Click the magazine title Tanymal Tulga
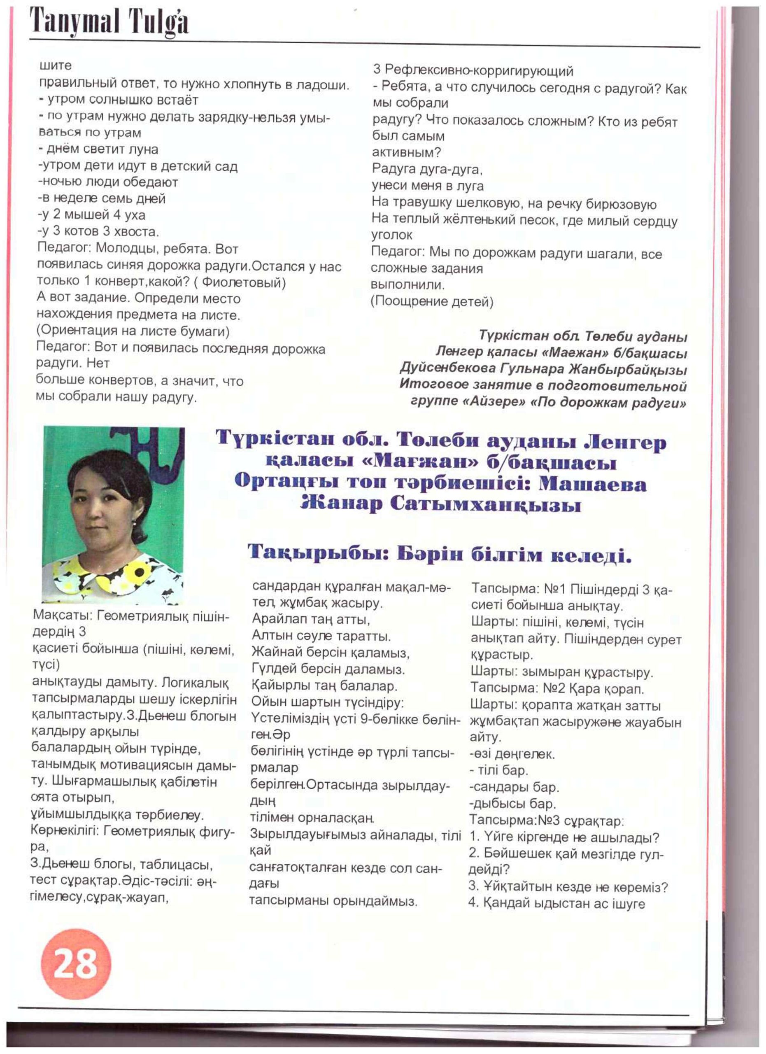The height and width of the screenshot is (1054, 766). pyautogui.click(x=109, y=22)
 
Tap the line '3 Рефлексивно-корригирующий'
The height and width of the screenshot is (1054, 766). pyautogui.click(x=473, y=71)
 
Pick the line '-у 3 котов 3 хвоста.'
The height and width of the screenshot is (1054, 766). pyautogui.click(x=98, y=231)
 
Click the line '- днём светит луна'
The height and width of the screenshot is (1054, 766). pyautogui.click(x=98, y=149)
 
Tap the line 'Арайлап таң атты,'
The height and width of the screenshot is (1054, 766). pyautogui.click(x=310, y=620)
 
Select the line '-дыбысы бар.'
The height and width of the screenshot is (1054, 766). pyautogui.click(x=512, y=804)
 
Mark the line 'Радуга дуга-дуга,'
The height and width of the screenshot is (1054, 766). pyautogui.click(x=427, y=169)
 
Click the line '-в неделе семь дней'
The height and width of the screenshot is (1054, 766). pyautogui.click(x=101, y=198)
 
